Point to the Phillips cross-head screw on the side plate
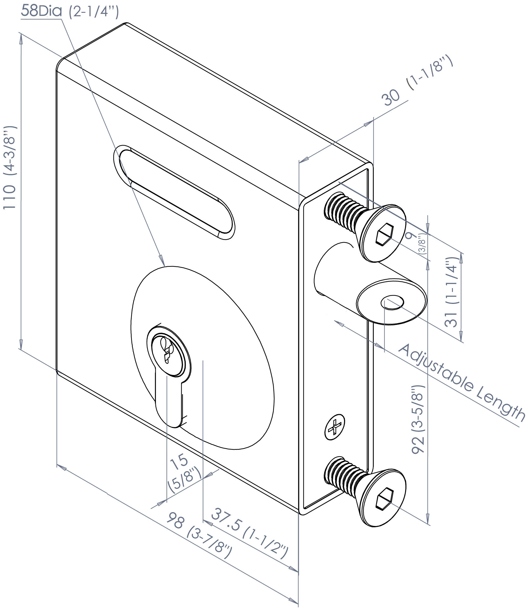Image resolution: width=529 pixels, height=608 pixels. (x=335, y=427)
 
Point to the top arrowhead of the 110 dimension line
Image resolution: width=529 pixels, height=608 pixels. (x=21, y=38)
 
